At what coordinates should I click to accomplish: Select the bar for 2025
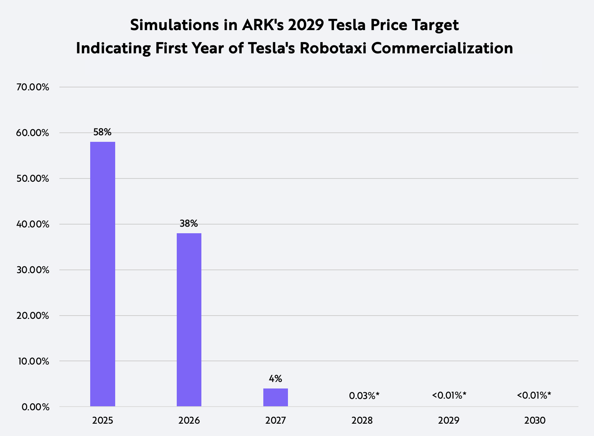click(103, 274)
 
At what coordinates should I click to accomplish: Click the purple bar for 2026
click(189, 320)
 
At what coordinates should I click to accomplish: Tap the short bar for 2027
click(276, 397)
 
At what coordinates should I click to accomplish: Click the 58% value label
click(103, 132)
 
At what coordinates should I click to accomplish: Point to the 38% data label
click(189, 223)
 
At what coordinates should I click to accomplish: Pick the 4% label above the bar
click(275, 379)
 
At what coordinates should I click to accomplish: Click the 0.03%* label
click(364, 396)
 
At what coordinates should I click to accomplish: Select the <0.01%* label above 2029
click(449, 395)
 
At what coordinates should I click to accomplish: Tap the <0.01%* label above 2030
click(534, 395)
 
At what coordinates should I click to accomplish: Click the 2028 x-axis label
click(362, 420)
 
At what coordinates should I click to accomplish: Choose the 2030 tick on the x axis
click(535, 420)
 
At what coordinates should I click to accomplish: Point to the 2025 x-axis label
click(103, 420)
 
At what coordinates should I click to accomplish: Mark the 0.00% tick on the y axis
click(35, 407)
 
